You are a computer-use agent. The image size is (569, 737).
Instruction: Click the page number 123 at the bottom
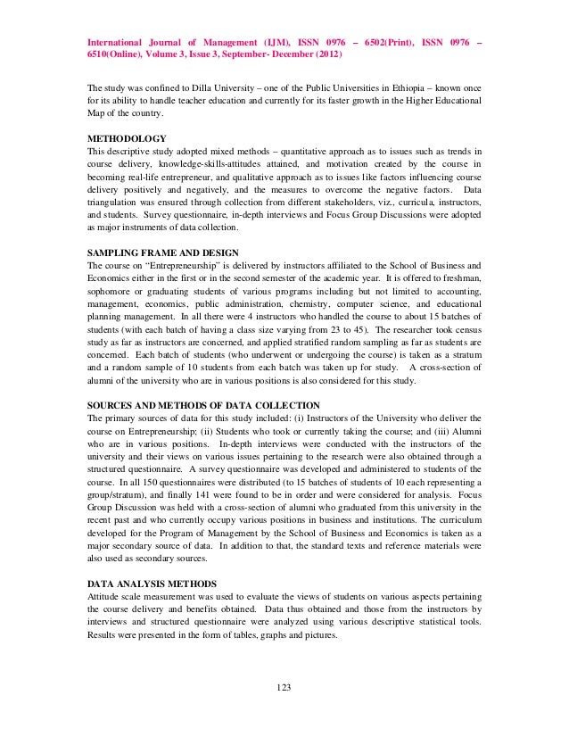coord(284,686)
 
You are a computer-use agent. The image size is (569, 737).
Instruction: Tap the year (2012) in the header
coord(326,54)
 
